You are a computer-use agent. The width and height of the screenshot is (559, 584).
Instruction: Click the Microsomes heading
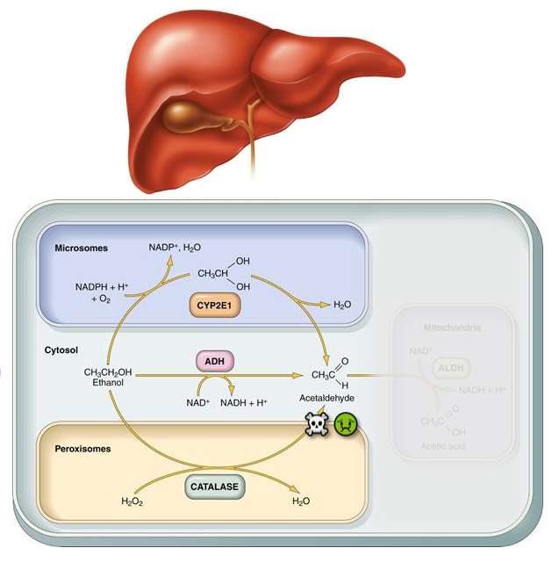tap(81, 249)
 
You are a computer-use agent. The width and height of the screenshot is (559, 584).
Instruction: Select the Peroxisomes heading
tap(86, 448)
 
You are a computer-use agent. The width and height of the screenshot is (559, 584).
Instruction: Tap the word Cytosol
tap(61, 350)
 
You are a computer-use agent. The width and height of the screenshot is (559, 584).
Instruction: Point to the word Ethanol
tap(110, 383)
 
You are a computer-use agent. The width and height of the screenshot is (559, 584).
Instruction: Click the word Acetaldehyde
tap(326, 398)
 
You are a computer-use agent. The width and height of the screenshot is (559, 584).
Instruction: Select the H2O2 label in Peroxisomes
tap(132, 501)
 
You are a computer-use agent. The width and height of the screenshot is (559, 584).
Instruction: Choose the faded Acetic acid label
tap(443, 446)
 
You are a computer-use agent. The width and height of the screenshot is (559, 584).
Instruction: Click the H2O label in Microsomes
tap(343, 305)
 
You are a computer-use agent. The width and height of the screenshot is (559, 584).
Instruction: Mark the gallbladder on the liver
tap(187, 113)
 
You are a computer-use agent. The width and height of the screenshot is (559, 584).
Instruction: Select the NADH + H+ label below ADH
tap(244, 403)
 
